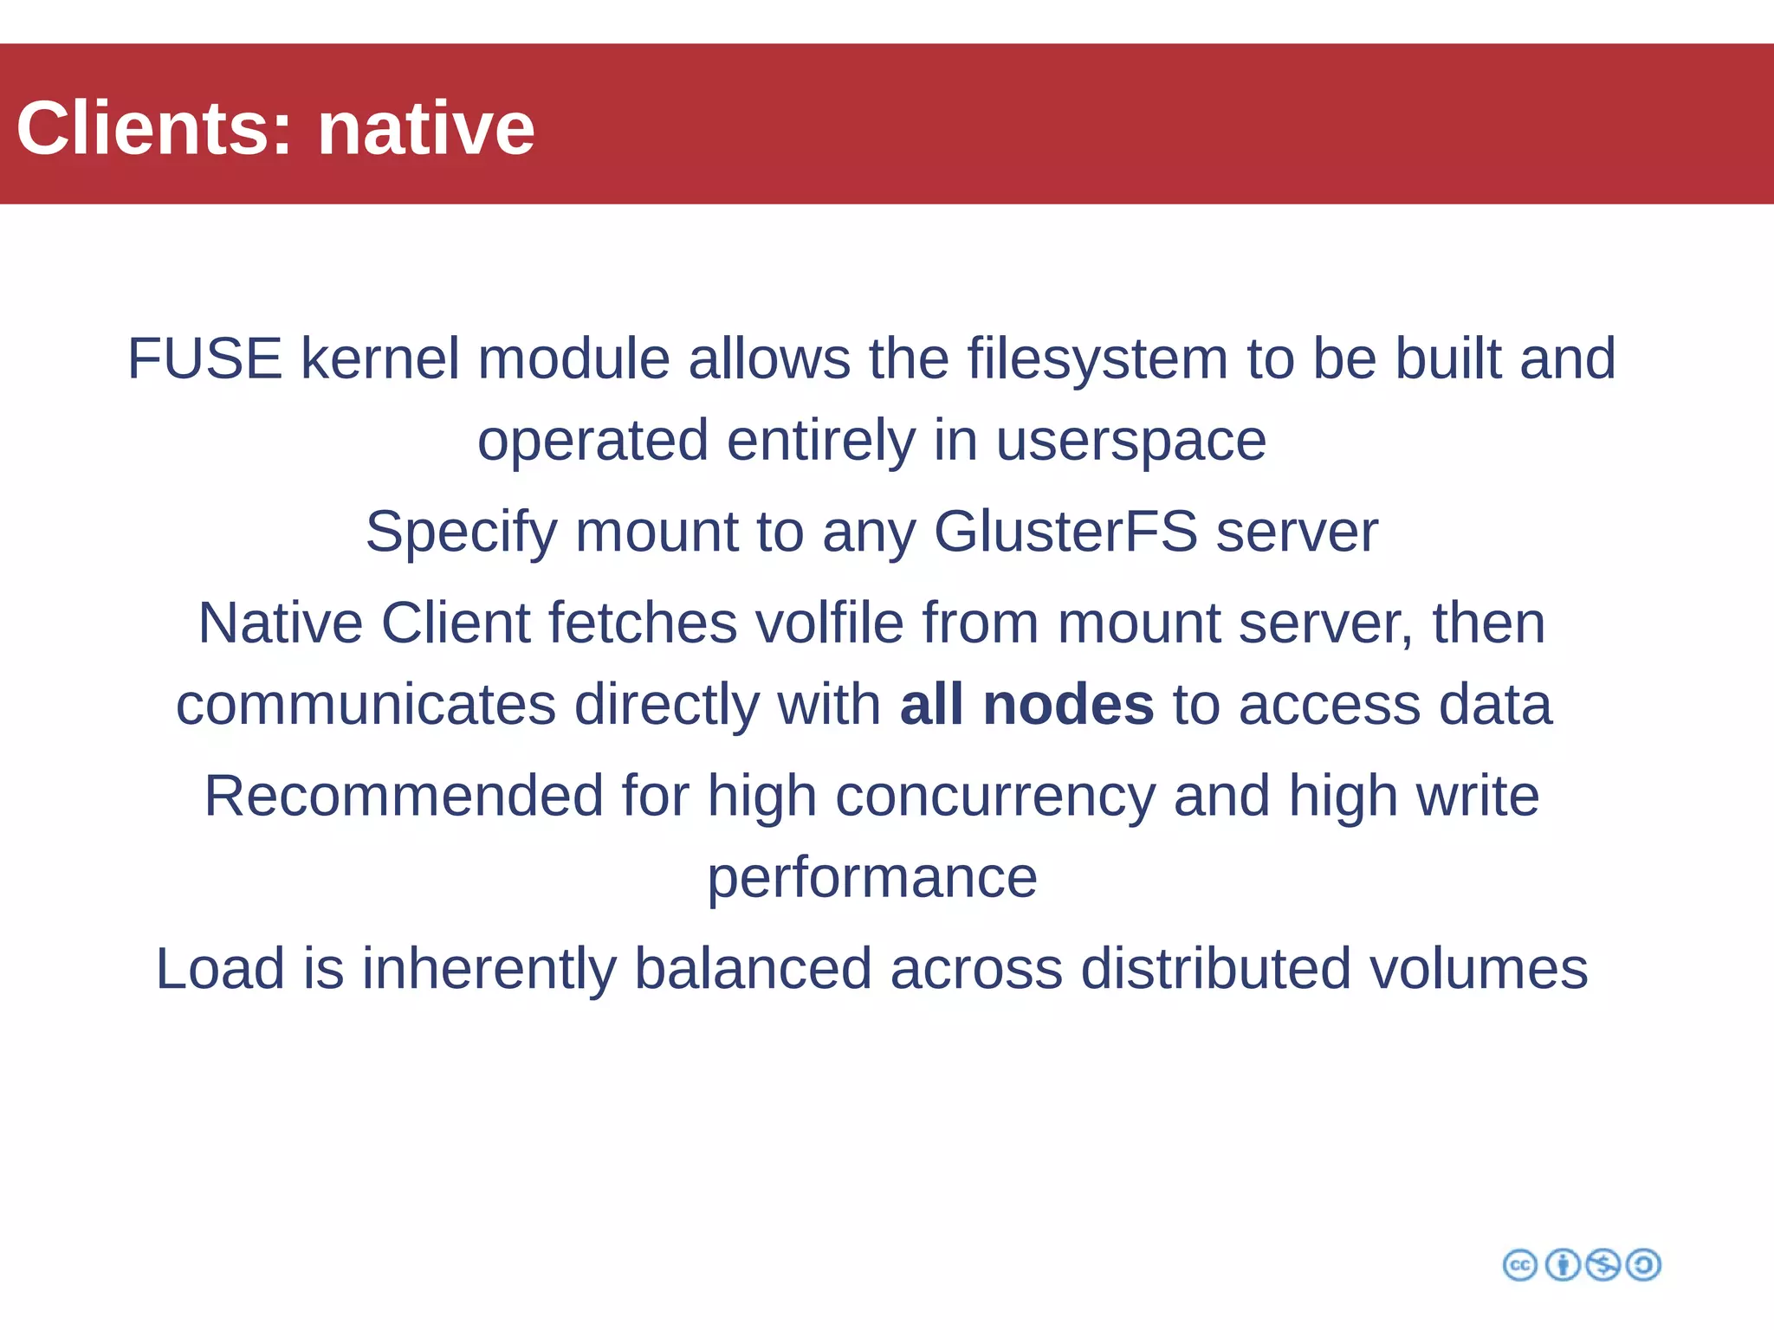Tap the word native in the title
(x=426, y=128)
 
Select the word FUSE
(x=204, y=358)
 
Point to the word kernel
(x=379, y=358)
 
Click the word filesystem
(x=1097, y=358)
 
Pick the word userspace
(x=1130, y=442)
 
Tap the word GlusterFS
(x=1065, y=532)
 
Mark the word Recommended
(x=404, y=796)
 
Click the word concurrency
(x=994, y=797)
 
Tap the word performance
(x=872, y=879)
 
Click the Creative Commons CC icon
(x=1520, y=1265)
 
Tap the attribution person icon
(x=1563, y=1265)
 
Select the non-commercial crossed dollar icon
(x=1603, y=1265)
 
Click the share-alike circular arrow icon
(x=1643, y=1265)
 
